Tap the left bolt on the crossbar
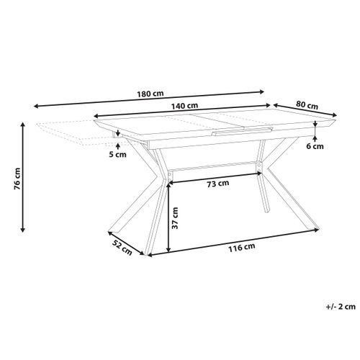click(170, 173)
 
